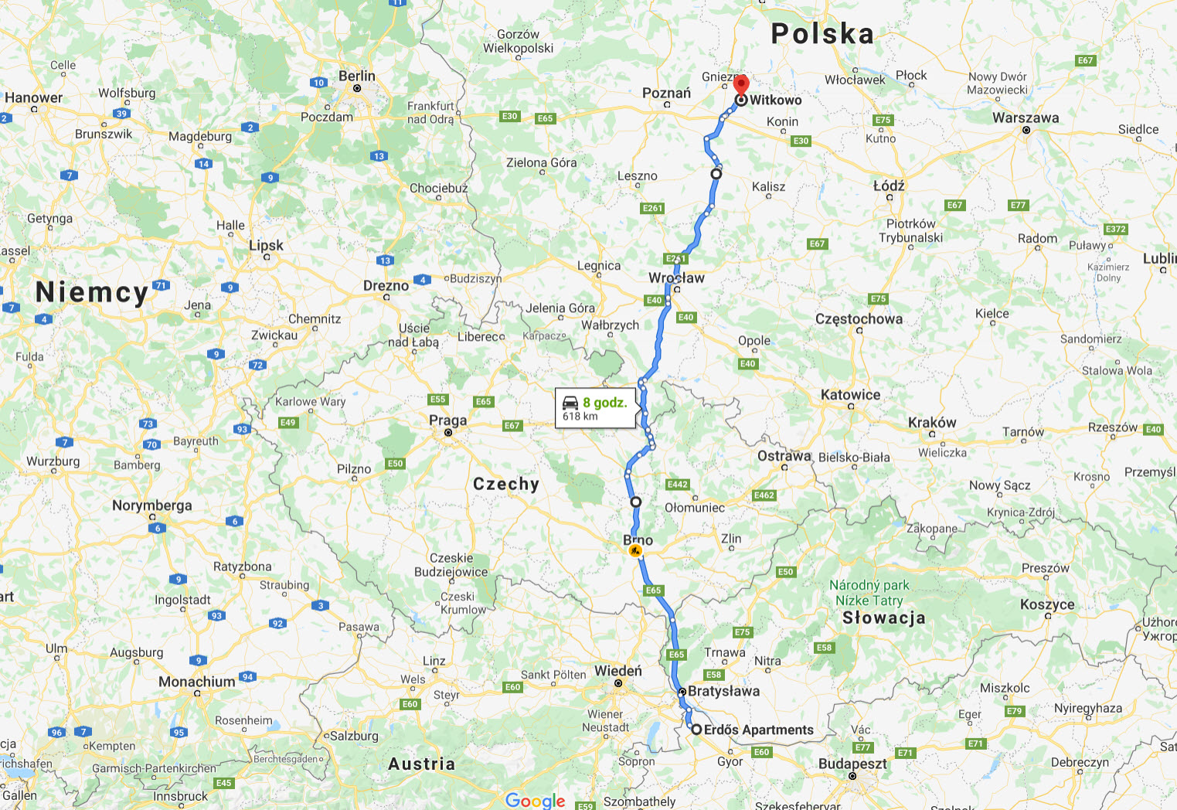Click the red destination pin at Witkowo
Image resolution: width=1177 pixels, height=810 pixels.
[x=741, y=84]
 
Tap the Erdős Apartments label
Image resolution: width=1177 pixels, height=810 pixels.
[x=758, y=730]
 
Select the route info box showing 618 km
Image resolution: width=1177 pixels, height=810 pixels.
[x=595, y=408]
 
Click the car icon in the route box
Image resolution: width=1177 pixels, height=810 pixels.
[x=571, y=403]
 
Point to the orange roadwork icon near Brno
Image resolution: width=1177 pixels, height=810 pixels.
[x=635, y=551]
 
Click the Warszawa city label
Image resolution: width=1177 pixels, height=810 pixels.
[x=1026, y=118]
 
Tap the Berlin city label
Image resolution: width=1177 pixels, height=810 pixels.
[x=357, y=77]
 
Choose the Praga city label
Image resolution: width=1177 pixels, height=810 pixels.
[x=448, y=420]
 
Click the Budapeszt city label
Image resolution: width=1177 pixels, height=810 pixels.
[x=852, y=764]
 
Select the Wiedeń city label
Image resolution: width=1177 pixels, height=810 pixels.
[x=618, y=671]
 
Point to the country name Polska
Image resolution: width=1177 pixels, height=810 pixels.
[x=822, y=34]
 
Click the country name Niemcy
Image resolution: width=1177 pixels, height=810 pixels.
[x=92, y=292]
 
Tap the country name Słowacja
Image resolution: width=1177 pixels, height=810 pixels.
[x=883, y=618]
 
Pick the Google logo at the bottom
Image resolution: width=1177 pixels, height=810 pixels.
[x=536, y=800]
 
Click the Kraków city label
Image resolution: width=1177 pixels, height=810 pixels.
[x=932, y=423]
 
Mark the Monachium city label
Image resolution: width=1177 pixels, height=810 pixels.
[x=197, y=682]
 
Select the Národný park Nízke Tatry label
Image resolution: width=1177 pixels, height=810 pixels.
[x=869, y=593]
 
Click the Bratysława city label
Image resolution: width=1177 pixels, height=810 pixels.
[x=723, y=691]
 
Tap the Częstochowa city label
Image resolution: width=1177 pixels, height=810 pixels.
[x=859, y=319]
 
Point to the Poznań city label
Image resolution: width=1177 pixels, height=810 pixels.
[x=666, y=94]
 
